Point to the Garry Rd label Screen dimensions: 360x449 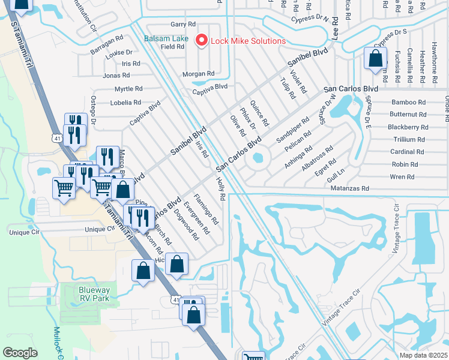pyautogui.click(x=183, y=25)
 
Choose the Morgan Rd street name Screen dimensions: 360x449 pyautogui.click(x=199, y=74)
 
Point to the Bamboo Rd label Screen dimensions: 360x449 pyautogui.click(x=408, y=103)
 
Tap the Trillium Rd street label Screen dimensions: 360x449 pyautogui.click(x=409, y=139)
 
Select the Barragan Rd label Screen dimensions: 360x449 pyautogui.click(x=109, y=37)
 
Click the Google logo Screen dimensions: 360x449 pyautogui.click(x=20, y=353)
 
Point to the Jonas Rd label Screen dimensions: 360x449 pyautogui.click(x=116, y=76)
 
